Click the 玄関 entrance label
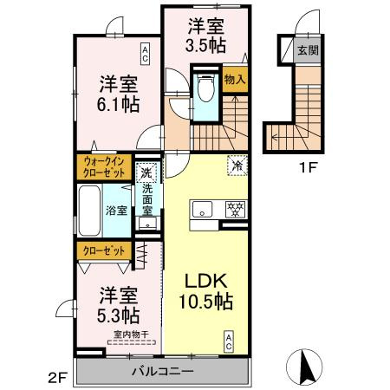[308, 50]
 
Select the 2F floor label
[57, 378]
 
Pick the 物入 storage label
[234, 80]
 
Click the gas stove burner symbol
[233, 209]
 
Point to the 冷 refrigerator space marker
[237, 162]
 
